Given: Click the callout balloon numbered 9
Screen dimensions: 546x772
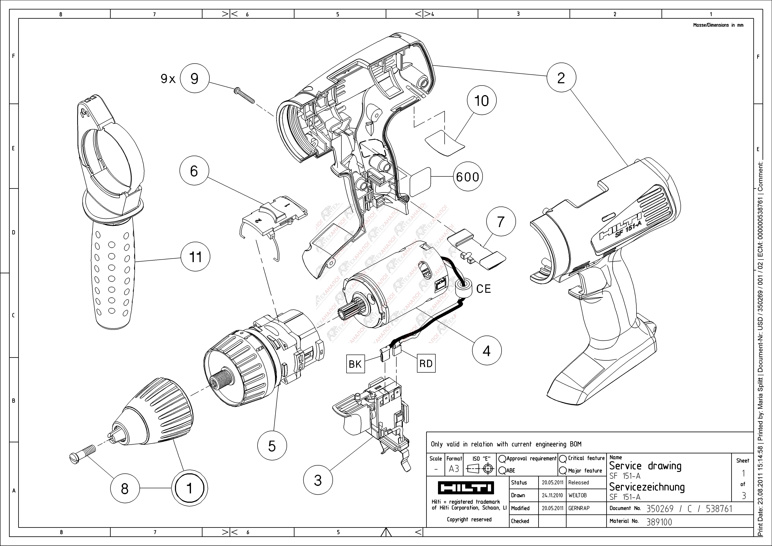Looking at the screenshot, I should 194,79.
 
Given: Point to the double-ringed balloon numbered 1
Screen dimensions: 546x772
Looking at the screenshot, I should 189,488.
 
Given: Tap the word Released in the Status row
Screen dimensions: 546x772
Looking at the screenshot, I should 578,482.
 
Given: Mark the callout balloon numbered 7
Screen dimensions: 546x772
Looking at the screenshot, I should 501,222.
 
